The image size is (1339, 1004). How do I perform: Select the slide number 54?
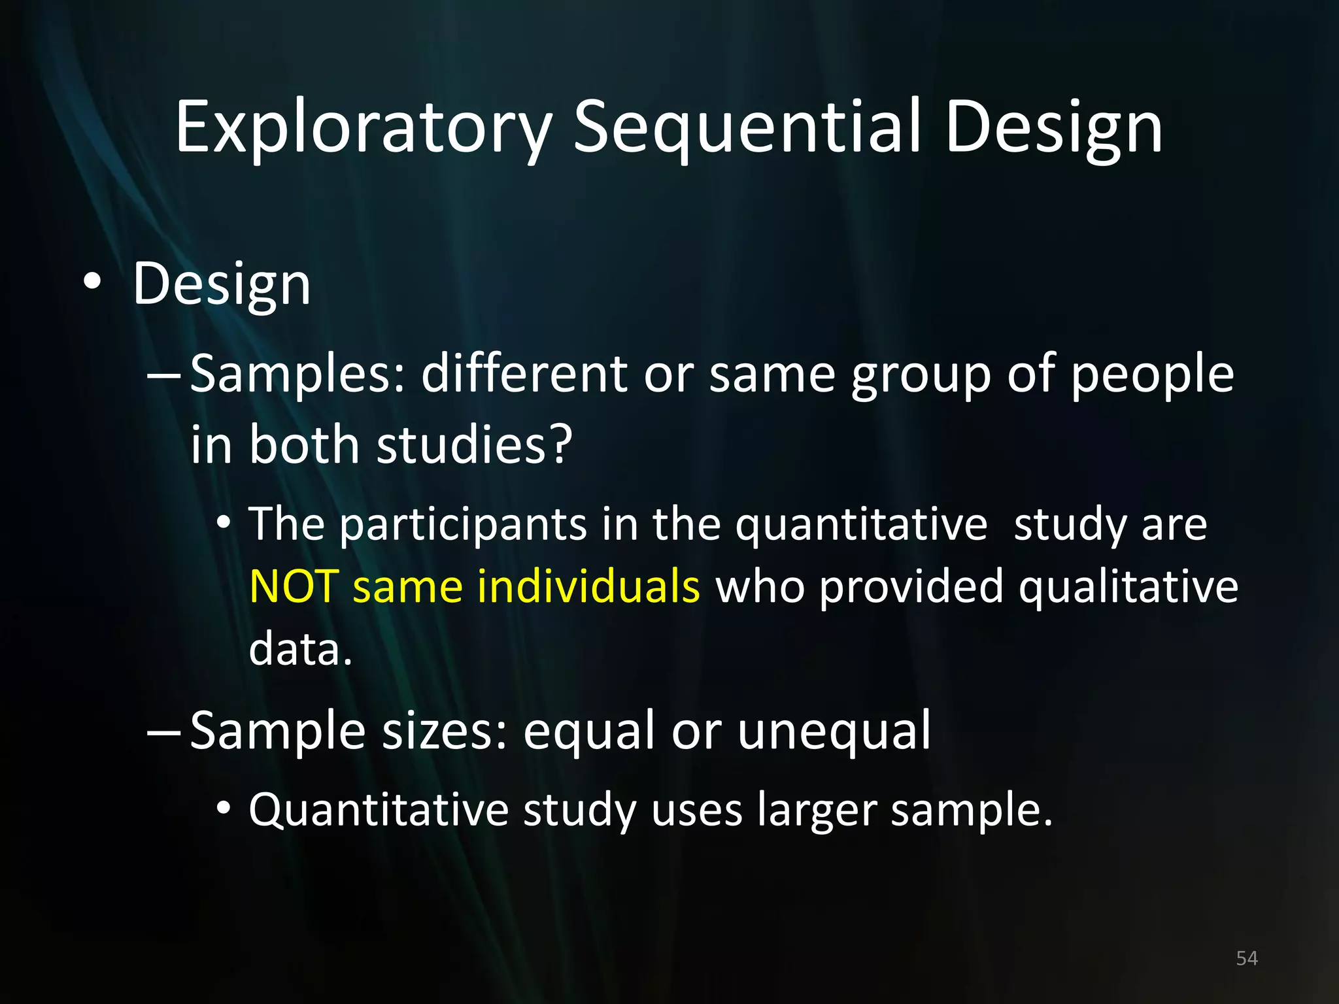click(x=1247, y=958)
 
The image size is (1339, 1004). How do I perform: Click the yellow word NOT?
click(x=293, y=586)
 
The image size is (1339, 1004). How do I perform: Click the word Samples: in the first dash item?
click(x=298, y=375)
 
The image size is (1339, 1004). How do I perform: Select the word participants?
click(x=463, y=525)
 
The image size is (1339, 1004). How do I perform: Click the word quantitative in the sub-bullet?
click(x=861, y=525)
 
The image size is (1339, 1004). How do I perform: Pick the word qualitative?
click(x=1128, y=586)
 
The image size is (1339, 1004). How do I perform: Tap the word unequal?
click(x=834, y=731)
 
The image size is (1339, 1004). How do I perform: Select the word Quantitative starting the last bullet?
click(x=379, y=811)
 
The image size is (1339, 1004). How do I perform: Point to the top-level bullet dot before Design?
click(x=92, y=283)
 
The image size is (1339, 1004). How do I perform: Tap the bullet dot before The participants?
click(x=224, y=523)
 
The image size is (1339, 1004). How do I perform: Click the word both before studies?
click(x=305, y=444)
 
